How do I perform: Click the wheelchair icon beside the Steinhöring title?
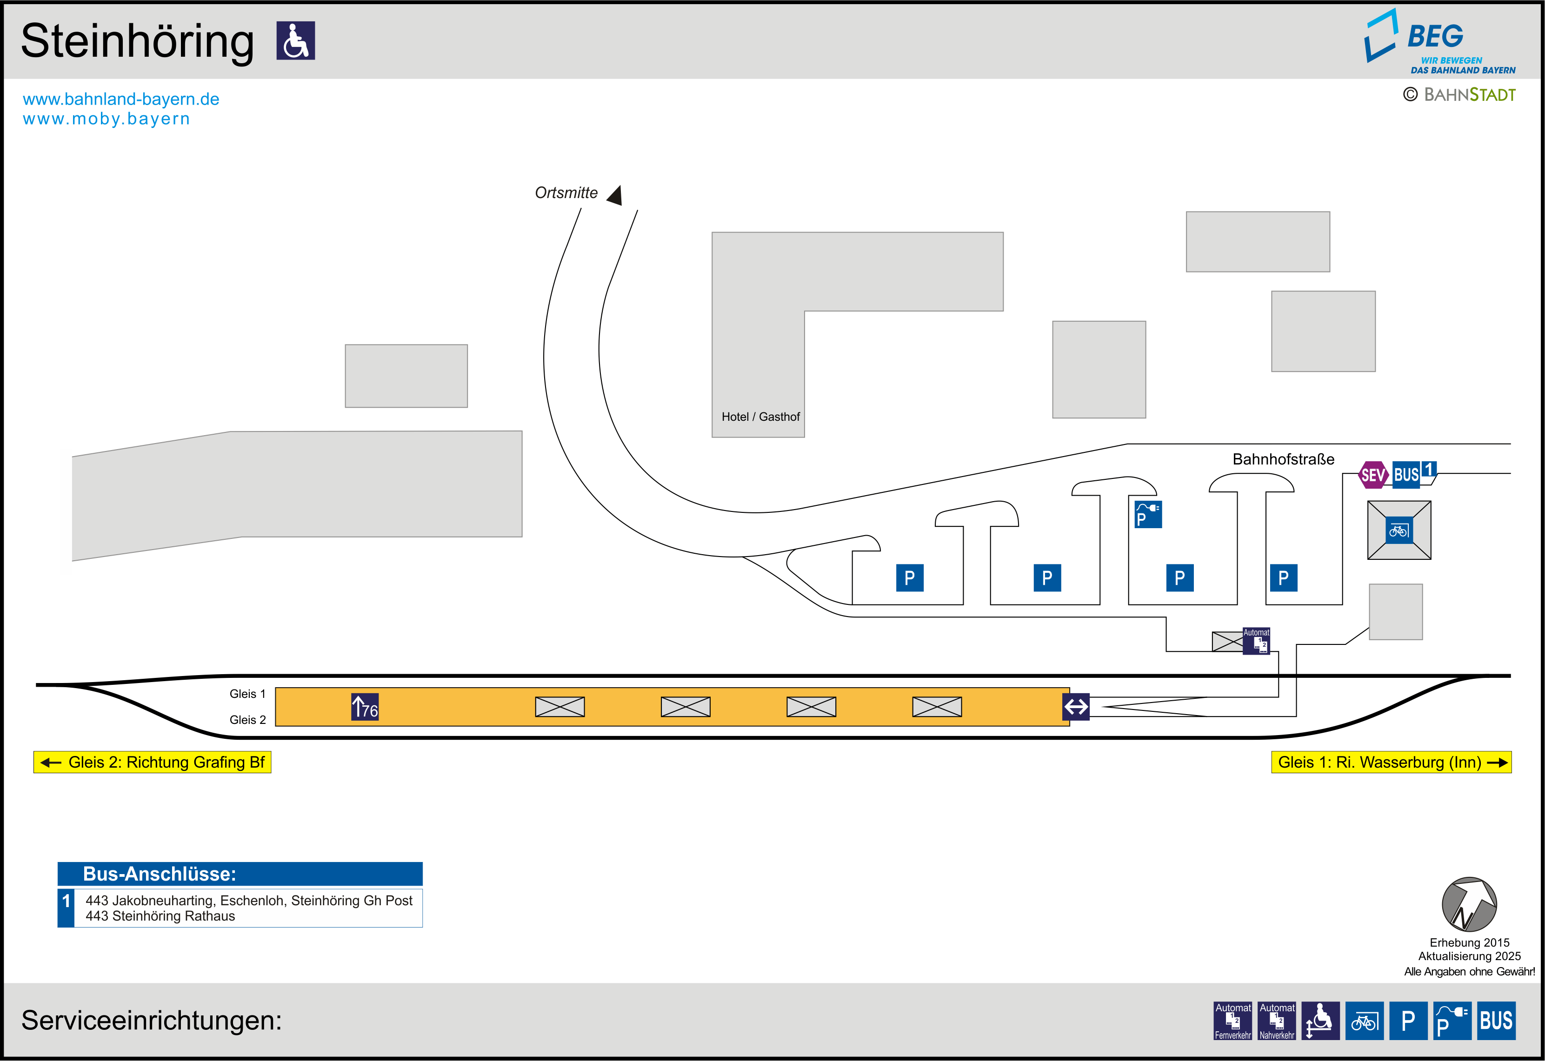pyautogui.click(x=295, y=40)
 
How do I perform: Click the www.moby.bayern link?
pyautogui.click(x=107, y=119)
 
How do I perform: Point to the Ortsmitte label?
pyautogui.click(x=566, y=193)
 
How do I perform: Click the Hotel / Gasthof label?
pyautogui.click(x=760, y=417)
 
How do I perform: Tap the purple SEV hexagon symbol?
pyautogui.click(x=1373, y=475)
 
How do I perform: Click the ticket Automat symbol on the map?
pyautogui.click(x=1256, y=641)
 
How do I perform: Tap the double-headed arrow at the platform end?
pyautogui.click(x=1076, y=707)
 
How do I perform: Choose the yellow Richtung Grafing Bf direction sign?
pyautogui.click(x=152, y=762)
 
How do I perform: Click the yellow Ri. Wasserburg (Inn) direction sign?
pyautogui.click(x=1391, y=762)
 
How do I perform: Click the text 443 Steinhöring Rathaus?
pyautogui.click(x=160, y=916)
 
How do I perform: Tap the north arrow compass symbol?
pyautogui.click(x=1469, y=904)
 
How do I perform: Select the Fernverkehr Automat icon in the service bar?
pyautogui.click(x=1232, y=1021)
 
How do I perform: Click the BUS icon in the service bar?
pyautogui.click(x=1496, y=1021)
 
